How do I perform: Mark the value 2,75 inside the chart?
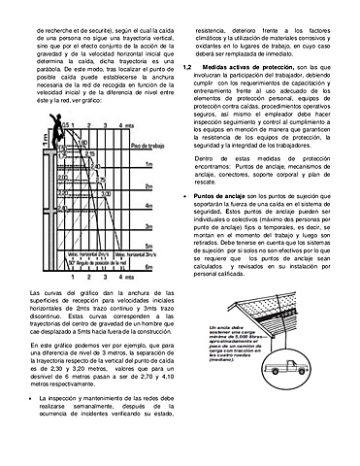pyautogui.click(x=100, y=181)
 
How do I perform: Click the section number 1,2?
pyautogui.click(x=187, y=69)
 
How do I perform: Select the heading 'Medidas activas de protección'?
pyautogui.click(x=247, y=69)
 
